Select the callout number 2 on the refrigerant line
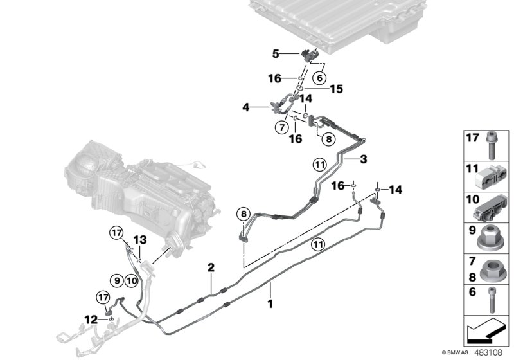click(x=211, y=267)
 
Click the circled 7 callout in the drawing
click(x=281, y=127)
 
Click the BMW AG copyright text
click(x=459, y=353)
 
